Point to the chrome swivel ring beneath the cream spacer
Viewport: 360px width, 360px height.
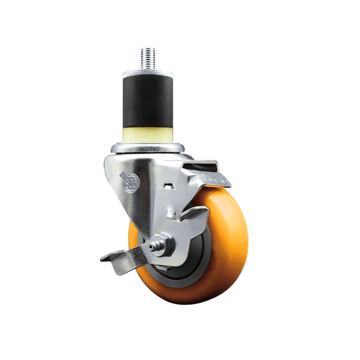click(x=148, y=148)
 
